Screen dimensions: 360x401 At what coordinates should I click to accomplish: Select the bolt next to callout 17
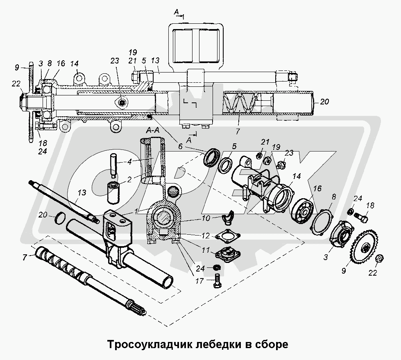coord(217,282)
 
